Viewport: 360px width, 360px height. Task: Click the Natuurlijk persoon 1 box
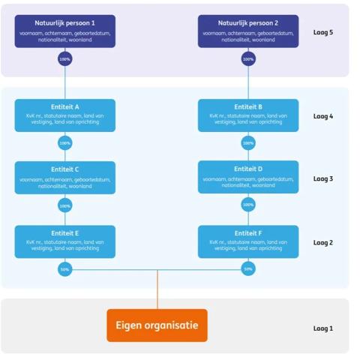click(x=65, y=31)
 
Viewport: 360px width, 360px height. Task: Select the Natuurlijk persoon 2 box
click(x=247, y=31)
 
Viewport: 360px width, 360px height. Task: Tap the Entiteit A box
click(x=65, y=115)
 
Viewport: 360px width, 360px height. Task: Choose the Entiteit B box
click(x=247, y=115)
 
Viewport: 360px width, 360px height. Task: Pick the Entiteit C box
click(x=65, y=178)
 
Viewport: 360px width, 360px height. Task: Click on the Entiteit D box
click(x=247, y=177)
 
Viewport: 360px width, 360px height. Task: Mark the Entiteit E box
click(x=65, y=241)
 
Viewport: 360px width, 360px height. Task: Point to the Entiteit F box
click(x=247, y=241)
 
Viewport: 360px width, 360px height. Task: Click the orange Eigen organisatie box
click(x=157, y=325)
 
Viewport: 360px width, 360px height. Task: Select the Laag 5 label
click(x=322, y=32)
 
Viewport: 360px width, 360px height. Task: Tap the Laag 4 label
click(x=322, y=116)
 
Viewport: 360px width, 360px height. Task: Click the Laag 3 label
click(x=322, y=178)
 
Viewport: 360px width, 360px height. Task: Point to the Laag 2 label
click(x=322, y=242)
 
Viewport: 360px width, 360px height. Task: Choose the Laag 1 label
click(x=322, y=328)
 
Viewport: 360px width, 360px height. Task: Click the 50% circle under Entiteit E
click(x=65, y=269)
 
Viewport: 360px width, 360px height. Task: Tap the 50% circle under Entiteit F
click(x=247, y=269)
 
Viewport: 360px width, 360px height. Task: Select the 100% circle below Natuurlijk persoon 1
click(x=65, y=58)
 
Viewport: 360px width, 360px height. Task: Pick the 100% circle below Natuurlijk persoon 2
click(x=247, y=58)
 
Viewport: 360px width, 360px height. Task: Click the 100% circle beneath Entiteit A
click(x=65, y=142)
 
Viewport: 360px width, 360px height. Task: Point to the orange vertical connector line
click(x=157, y=289)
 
